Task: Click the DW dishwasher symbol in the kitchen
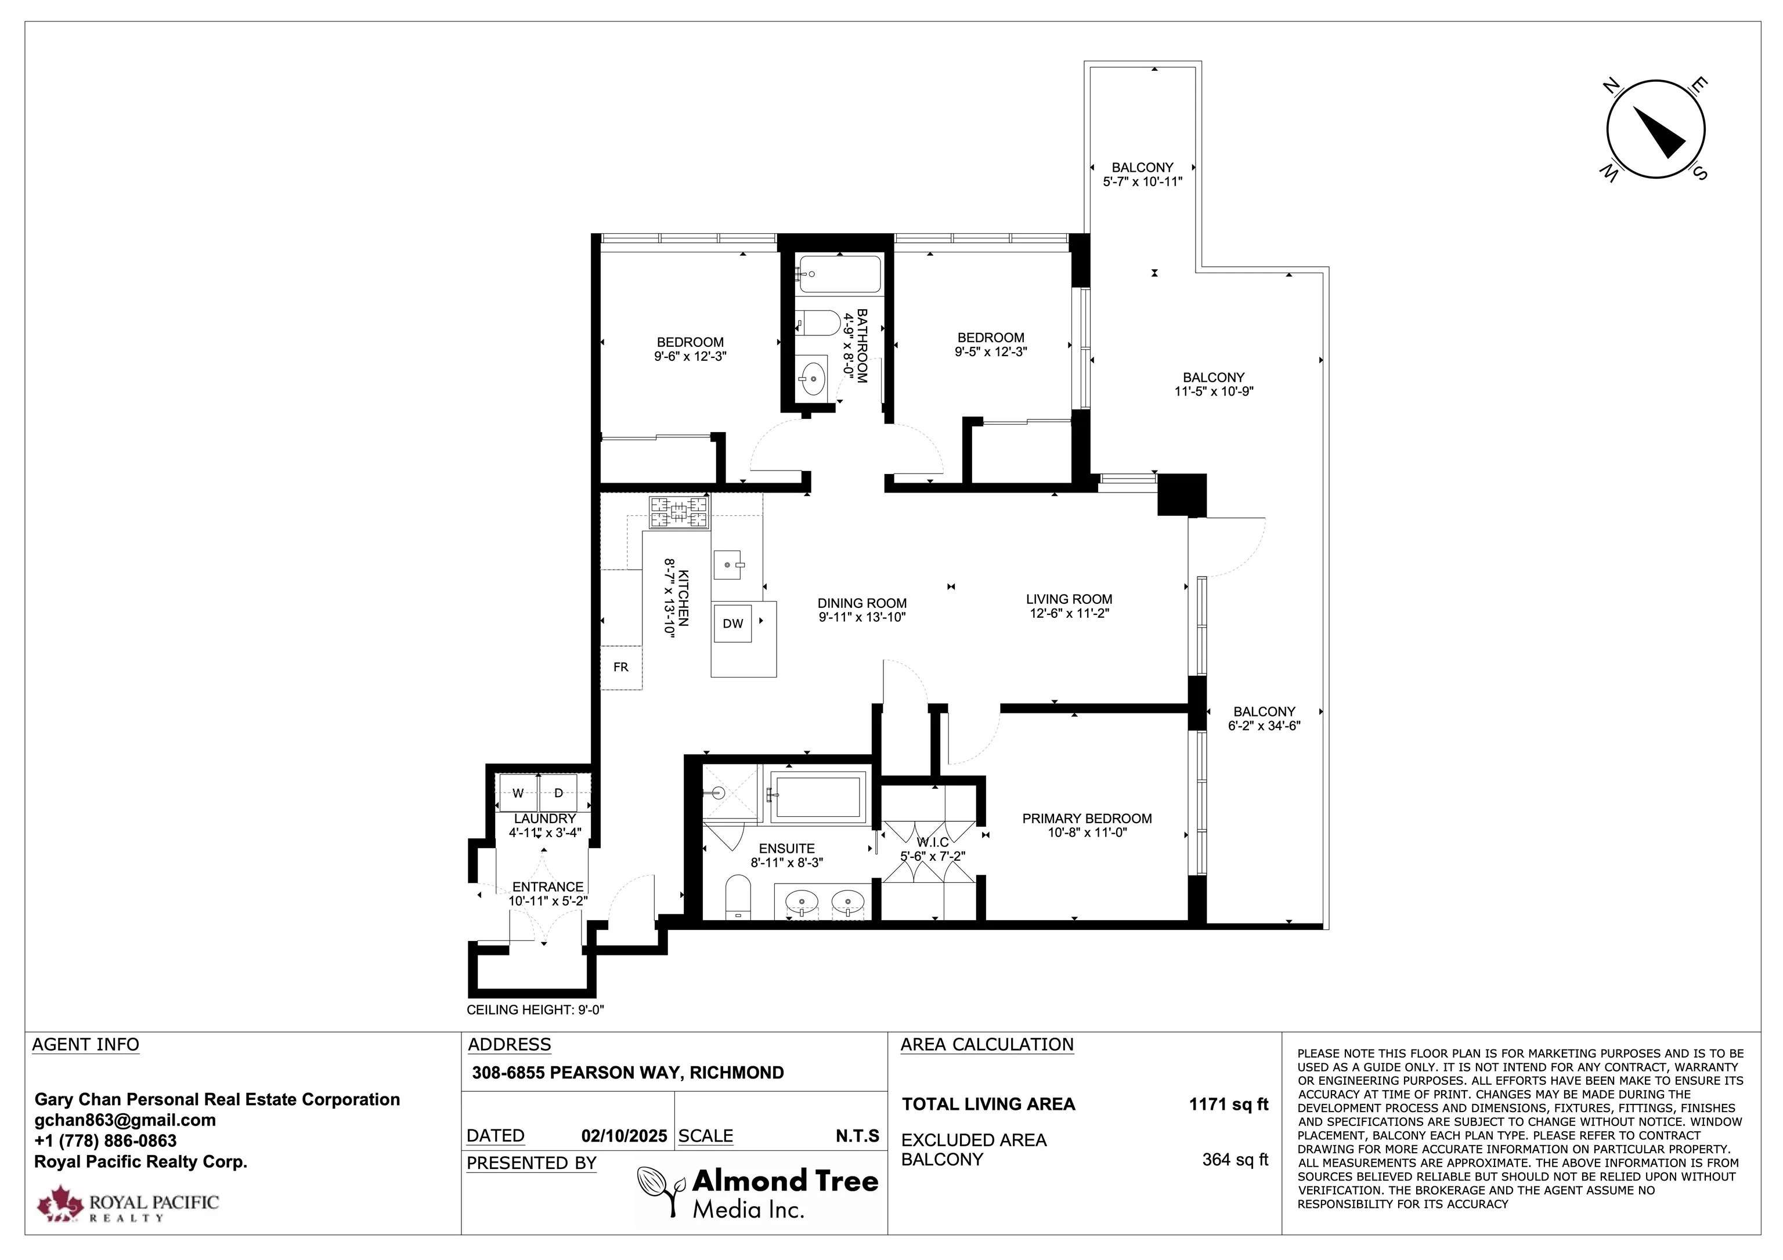tap(733, 624)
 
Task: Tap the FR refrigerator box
tap(621, 668)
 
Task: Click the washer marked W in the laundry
tap(518, 792)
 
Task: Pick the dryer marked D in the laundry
tap(558, 792)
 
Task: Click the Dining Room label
tap(862, 603)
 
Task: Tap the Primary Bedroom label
tap(1087, 819)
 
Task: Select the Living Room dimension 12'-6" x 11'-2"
tap(1069, 613)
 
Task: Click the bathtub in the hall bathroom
tap(840, 274)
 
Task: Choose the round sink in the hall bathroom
tap(813, 378)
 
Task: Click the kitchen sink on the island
tap(728, 564)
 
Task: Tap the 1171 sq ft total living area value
tap(1229, 1104)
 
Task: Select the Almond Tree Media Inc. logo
tap(758, 1193)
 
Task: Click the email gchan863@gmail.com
tap(125, 1120)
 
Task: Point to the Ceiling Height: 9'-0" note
tap(535, 1010)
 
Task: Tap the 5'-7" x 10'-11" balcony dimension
tap(1142, 182)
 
